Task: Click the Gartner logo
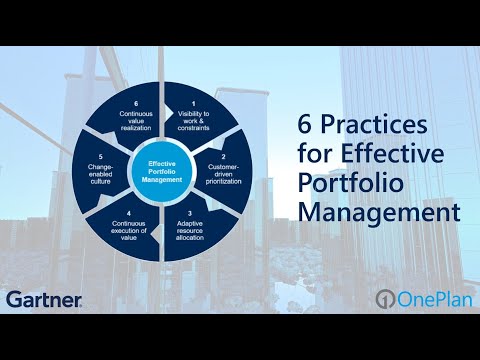click(x=43, y=298)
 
